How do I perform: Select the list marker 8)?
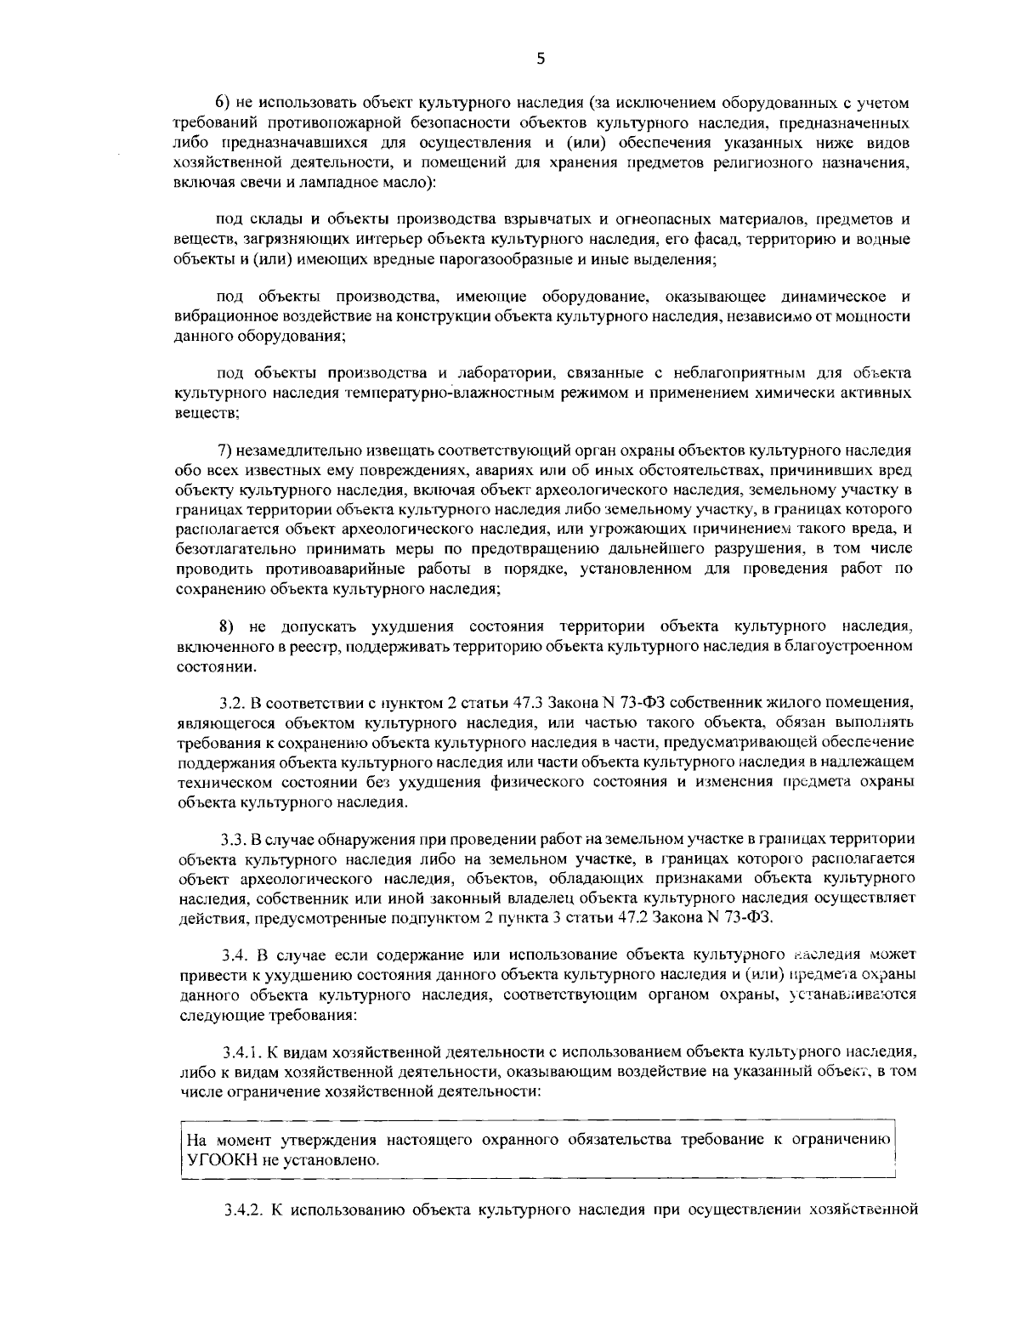(227, 627)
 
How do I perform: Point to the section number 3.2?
(232, 702)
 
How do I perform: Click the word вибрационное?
(224, 316)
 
